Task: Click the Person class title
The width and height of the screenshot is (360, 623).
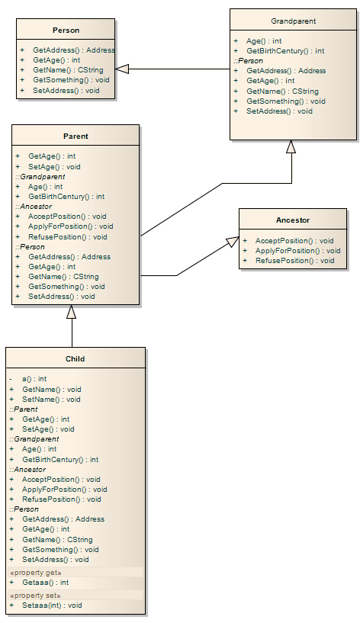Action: coord(66,31)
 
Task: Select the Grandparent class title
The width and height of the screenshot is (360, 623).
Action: coord(293,21)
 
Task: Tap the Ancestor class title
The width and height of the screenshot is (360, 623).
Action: coord(293,220)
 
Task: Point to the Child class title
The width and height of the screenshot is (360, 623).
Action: coord(75,358)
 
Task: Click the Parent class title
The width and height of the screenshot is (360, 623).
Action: coord(76,136)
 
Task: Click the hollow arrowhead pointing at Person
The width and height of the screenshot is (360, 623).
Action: coord(122,69)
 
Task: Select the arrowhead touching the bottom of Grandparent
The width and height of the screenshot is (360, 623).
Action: coord(291,147)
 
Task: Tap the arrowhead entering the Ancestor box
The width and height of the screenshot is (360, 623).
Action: coord(232,243)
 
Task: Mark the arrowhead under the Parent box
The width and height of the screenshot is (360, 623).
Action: coord(72,311)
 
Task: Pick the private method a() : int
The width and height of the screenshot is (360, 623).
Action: coord(34,379)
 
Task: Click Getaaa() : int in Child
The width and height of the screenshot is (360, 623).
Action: coord(43,583)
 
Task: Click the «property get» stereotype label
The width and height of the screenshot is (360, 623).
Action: coord(35,572)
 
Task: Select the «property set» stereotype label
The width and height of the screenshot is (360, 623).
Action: coord(35,595)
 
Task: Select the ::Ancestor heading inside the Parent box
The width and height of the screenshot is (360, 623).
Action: coord(32,207)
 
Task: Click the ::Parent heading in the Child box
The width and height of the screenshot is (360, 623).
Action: coord(24,409)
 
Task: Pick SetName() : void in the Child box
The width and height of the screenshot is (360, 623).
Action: coord(51,400)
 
